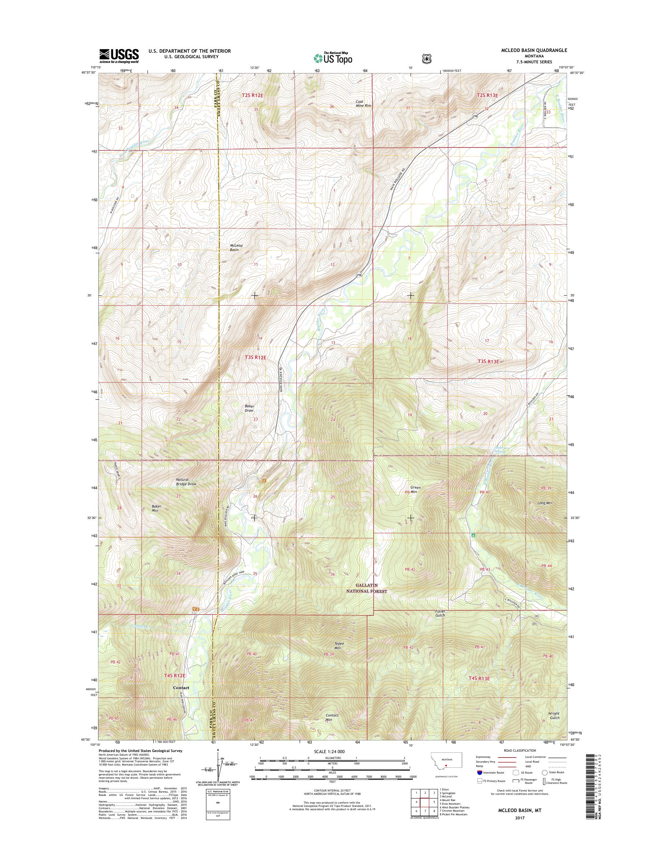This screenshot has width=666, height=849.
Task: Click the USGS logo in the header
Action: pos(119,56)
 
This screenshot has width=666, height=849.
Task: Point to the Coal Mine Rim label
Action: pos(363,103)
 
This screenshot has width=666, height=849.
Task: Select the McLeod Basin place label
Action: pos(236,247)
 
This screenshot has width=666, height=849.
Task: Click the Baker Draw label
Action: pos(249,408)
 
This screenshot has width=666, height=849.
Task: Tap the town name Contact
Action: pos(181,688)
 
